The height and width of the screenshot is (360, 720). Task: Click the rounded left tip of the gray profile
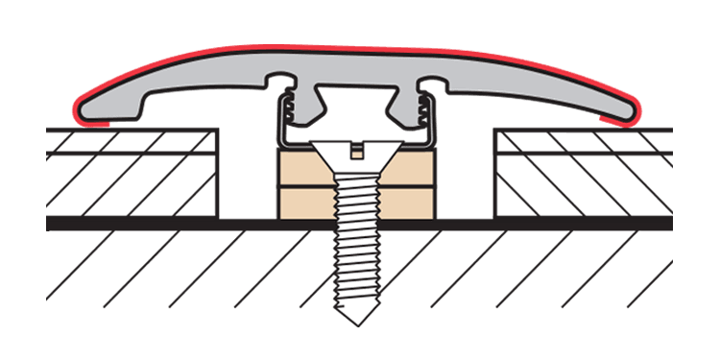tap(84, 111)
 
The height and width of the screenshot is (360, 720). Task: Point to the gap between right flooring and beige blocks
tap(466, 182)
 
